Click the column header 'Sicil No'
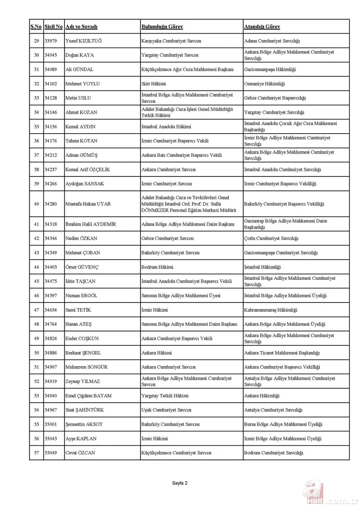coord(54,27)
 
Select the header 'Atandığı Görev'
coord(262,27)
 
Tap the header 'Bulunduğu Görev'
coord(162,27)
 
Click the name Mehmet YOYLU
coord(82,84)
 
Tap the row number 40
coord(36,204)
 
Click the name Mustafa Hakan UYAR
coord(88,204)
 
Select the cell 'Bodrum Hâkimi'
coord(157,267)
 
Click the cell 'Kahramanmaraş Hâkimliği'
coord(271,310)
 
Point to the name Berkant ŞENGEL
coord(83,353)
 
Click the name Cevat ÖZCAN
coord(80,453)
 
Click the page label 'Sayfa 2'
coord(180,483)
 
